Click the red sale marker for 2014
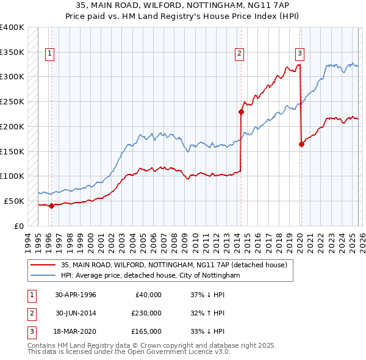tap(241, 112)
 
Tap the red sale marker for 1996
tap(51, 206)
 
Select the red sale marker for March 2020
tap(301, 144)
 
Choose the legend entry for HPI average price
tap(151, 276)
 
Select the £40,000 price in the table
tap(147, 295)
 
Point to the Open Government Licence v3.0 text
tap(159, 352)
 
